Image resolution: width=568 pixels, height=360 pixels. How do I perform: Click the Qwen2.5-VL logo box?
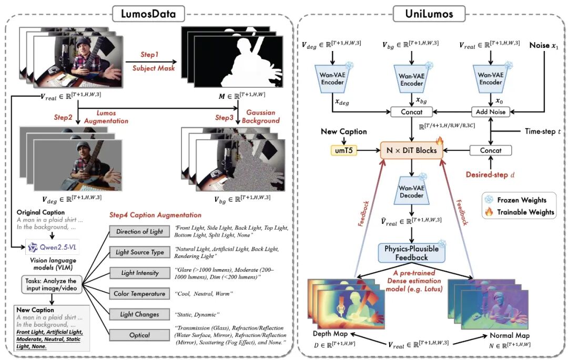pyautogui.click(x=50, y=246)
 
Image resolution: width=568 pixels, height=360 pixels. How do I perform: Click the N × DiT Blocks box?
pyautogui.click(x=412, y=151)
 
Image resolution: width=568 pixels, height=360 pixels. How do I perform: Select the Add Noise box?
pyautogui.click(x=491, y=111)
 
